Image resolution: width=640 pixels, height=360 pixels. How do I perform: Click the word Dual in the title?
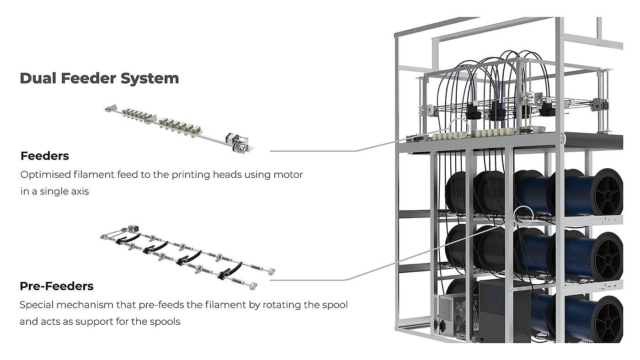click(x=38, y=79)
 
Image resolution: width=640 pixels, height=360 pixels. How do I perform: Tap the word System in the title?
click(x=149, y=79)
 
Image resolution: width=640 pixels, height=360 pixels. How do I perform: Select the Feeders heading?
click(x=45, y=156)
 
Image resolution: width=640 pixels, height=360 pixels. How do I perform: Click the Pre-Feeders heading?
click(x=57, y=286)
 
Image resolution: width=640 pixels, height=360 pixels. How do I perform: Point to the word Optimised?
click(x=43, y=175)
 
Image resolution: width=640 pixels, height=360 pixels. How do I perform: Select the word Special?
click(x=36, y=305)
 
